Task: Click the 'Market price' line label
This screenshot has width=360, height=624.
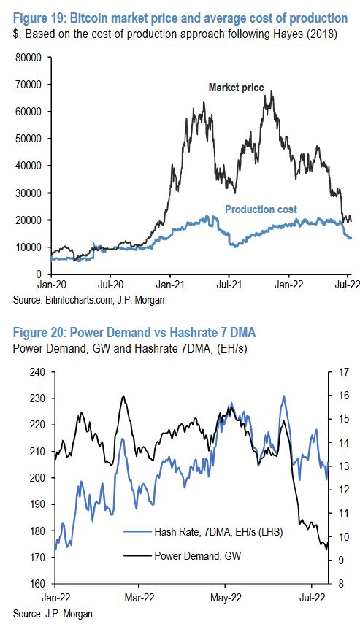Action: pos(236,88)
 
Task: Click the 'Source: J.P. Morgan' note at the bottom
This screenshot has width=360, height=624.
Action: pos(45,612)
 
